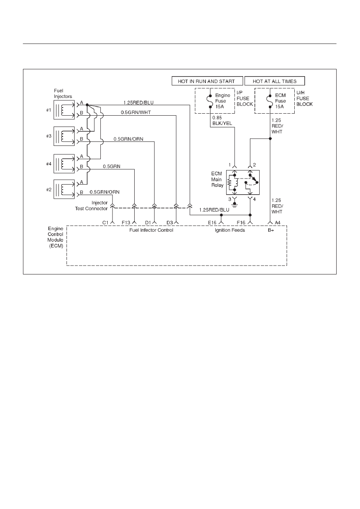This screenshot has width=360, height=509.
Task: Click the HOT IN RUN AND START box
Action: tap(207, 81)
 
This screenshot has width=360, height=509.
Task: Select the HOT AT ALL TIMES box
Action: tap(275, 81)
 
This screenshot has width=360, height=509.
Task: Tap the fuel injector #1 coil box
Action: tap(64, 110)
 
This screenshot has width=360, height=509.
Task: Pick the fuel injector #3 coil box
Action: tap(64, 136)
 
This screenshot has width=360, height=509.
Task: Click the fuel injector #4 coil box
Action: tap(64, 164)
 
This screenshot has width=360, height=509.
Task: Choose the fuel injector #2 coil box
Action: tap(64, 189)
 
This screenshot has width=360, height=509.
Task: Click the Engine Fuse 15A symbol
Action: tap(210, 101)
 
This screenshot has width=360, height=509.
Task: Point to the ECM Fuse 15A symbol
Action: tap(270, 101)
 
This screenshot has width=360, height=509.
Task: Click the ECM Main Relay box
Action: tap(243, 183)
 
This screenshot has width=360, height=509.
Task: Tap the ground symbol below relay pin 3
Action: tap(235, 205)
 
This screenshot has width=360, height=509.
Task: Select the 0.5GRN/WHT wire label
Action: tap(136, 112)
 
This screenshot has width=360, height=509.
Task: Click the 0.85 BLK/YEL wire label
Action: tap(222, 120)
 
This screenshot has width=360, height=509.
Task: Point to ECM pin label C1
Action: tap(105, 223)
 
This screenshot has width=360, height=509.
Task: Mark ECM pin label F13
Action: tap(126, 223)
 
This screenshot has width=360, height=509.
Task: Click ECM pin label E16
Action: tap(212, 223)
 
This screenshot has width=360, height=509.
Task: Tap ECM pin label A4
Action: tap(277, 223)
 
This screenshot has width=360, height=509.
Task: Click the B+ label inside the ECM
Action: tap(271, 230)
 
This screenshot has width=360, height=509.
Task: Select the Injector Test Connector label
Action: tap(92, 206)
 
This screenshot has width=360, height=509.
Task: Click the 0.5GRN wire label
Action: tap(112, 166)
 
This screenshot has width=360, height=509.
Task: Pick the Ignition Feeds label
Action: tap(230, 230)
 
